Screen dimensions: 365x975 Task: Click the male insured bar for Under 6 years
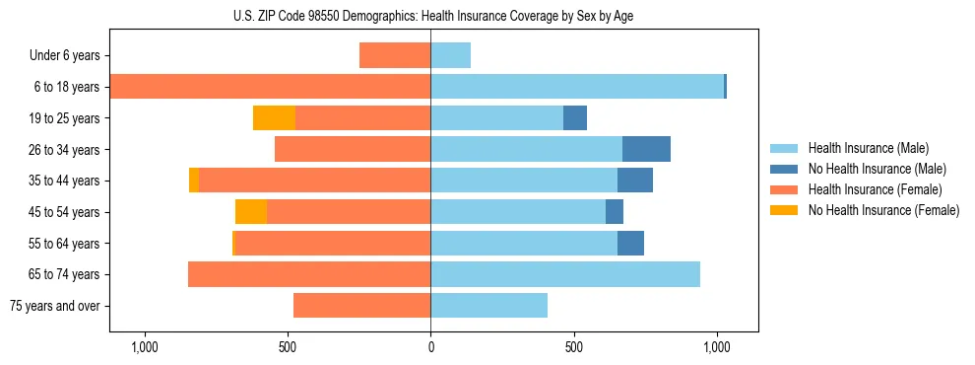[450, 55]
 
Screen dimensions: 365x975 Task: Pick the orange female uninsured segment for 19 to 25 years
[274, 118]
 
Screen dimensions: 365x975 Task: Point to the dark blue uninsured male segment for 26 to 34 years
[646, 149]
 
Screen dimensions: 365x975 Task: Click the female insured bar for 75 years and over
[361, 306]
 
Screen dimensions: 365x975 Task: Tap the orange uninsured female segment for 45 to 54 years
[251, 212]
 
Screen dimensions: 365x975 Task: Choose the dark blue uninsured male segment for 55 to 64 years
[630, 243]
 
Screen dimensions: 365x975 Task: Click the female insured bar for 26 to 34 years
[353, 149]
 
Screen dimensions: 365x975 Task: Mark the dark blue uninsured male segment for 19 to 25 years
[575, 118]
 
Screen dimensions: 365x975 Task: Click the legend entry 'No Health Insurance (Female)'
[883, 210]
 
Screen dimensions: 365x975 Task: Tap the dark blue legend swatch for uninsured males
[785, 169]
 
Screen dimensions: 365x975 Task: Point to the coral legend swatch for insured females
[785, 189]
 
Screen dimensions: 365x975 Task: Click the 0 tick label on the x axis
[430, 348]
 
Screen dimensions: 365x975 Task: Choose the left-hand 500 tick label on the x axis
[288, 348]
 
